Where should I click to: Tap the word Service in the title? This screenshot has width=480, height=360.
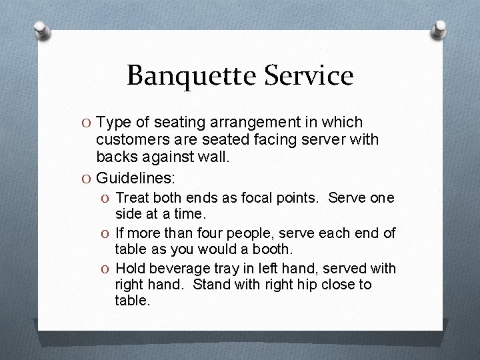311,75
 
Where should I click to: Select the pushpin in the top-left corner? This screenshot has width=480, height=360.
41,30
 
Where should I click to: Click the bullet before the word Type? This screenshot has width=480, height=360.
86,123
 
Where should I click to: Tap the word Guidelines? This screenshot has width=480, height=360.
135,178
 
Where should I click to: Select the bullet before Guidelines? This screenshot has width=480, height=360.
86,178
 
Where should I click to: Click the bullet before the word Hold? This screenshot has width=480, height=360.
105,269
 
